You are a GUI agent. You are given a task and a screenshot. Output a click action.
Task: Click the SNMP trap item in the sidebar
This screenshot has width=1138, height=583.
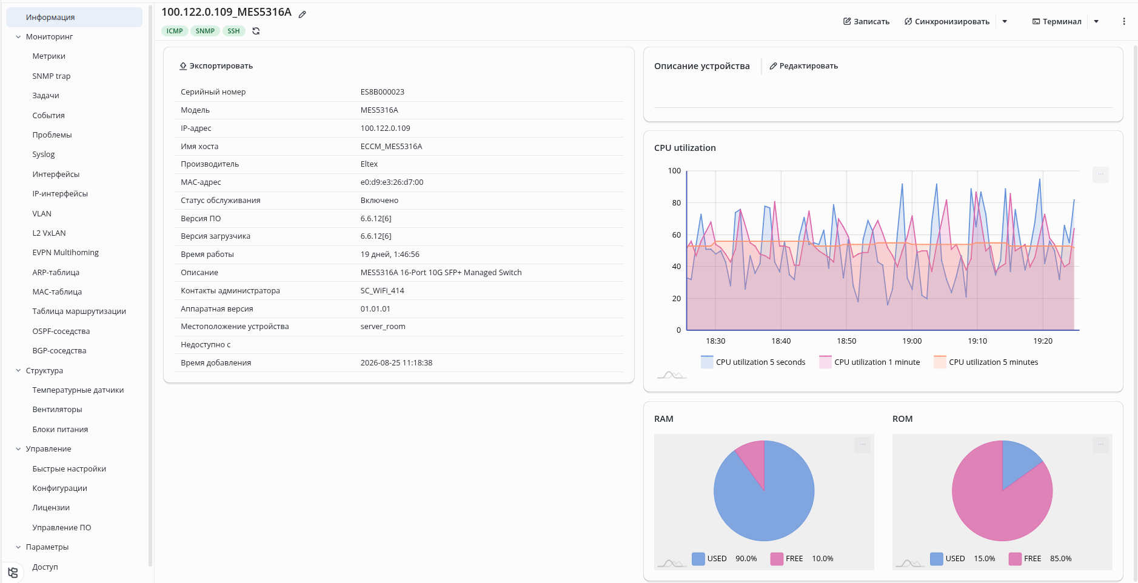(52, 76)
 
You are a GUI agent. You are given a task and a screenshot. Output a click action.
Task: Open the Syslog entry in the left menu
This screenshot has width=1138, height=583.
(44, 155)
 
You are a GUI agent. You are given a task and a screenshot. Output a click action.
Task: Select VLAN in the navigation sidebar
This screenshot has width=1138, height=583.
(42, 213)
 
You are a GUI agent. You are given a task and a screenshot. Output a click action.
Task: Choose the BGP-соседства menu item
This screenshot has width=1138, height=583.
(59, 350)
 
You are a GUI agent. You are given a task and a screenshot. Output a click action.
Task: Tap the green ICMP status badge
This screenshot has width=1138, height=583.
(175, 31)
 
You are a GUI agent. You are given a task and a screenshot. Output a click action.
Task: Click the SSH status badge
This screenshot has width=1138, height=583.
(233, 31)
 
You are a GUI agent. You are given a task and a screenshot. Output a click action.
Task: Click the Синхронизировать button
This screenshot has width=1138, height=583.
(947, 21)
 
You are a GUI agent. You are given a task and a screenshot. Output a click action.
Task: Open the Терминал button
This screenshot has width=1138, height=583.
(1057, 21)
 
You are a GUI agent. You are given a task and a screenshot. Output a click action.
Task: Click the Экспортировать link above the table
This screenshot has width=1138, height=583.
(216, 66)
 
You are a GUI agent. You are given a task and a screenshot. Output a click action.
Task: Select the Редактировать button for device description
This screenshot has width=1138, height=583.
(804, 66)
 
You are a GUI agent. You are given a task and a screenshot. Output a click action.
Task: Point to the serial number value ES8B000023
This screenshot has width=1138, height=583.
(383, 92)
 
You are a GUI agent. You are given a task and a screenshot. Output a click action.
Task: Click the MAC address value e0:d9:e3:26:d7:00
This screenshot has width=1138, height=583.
(392, 182)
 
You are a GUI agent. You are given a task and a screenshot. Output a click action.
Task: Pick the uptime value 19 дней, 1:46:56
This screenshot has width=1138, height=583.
(390, 255)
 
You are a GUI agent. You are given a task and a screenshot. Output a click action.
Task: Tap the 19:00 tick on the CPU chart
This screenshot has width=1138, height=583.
(912, 341)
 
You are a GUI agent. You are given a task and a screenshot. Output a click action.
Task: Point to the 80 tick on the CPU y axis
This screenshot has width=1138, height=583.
(677, 203)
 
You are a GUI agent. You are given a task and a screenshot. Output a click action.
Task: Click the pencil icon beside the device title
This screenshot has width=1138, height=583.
(303, 14)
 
